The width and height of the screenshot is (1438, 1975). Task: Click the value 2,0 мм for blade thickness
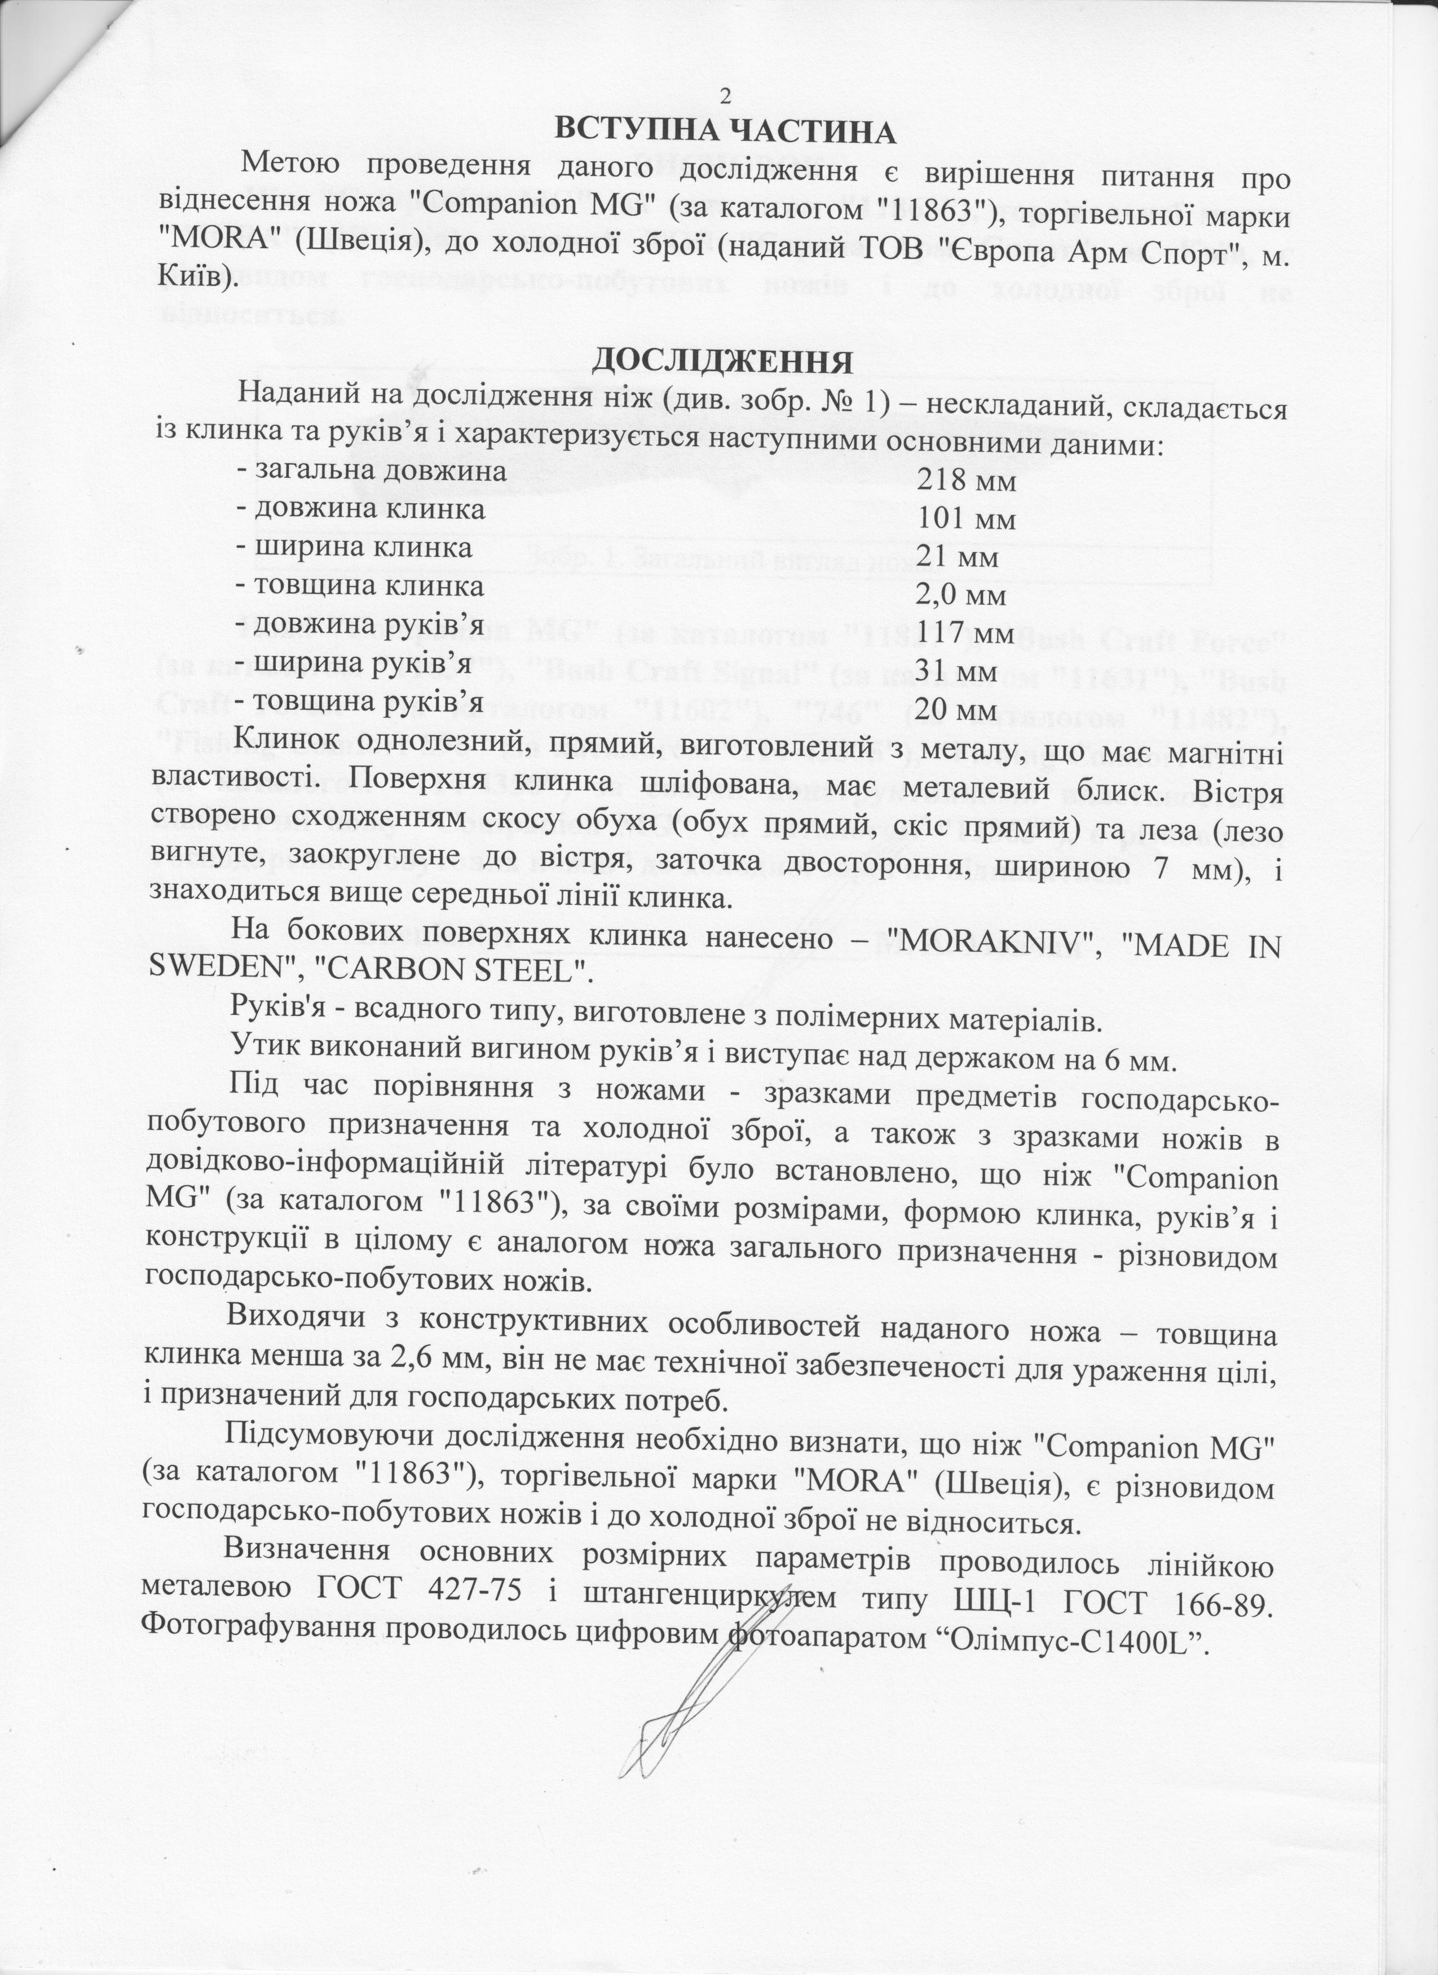pos(963,596)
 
